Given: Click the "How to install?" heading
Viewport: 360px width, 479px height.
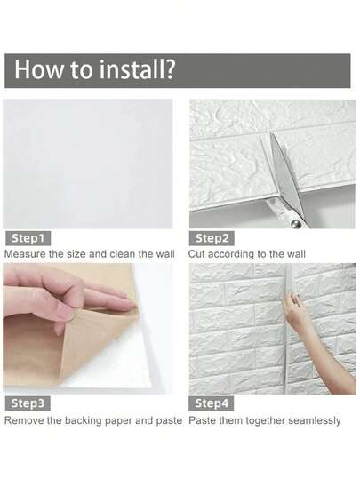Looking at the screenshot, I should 94,70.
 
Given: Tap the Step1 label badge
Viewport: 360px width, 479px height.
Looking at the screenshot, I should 28,238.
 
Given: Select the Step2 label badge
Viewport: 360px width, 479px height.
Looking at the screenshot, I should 212,238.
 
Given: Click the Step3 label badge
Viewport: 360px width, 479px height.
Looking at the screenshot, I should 28,403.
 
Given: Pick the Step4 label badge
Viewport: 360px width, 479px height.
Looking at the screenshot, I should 212,403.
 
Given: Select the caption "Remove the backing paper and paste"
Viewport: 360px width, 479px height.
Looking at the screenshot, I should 93,419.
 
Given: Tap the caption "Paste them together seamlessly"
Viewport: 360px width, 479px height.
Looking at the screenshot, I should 265,419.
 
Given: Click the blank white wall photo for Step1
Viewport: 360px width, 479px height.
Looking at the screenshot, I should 88,164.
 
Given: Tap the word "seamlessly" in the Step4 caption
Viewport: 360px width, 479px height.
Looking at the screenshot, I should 311,419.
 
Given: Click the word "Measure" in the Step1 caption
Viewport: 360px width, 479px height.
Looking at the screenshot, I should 25,254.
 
